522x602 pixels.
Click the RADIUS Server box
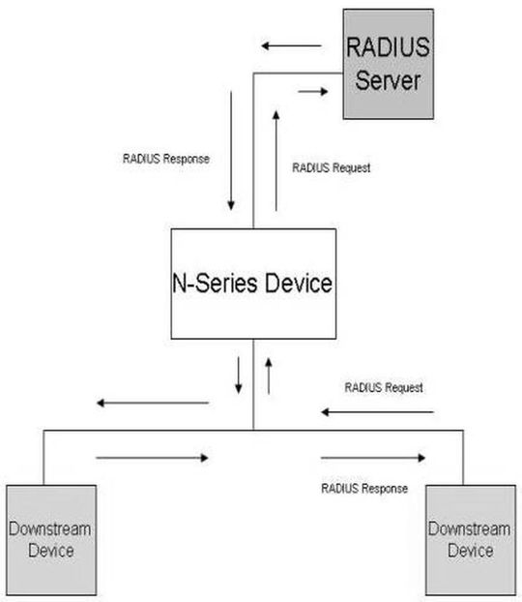click(x=389, y=64)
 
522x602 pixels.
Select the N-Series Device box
click(x=253, y=284)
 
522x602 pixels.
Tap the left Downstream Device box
click(x=51, y=540)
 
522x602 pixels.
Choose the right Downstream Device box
click(x=471, y=540)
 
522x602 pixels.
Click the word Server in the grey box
click(x=388, y=80)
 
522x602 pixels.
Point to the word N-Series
click(x=215, y=283)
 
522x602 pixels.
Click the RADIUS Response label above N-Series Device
click(x=166, y=159)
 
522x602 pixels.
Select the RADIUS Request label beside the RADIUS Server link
click(x=332, y=167)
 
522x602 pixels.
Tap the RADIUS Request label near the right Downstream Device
click(x=384, y=387)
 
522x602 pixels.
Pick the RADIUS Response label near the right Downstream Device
click(x=364, y=489)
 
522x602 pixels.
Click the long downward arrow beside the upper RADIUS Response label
click(x=231, y=151)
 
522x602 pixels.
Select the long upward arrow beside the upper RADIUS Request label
click(x=276, y=161)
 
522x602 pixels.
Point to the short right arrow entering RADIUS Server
click(x=313, y=91)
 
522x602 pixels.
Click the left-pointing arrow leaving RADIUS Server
click(x=291, y=46)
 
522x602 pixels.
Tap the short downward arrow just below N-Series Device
click(x=239, y=376)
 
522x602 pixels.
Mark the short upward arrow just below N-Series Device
click(x=269, y=376)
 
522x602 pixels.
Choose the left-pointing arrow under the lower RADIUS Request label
click(x=377, y=412)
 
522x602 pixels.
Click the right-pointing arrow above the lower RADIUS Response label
click(x=373, y=458)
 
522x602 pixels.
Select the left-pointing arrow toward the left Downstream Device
click(x=153, y=404)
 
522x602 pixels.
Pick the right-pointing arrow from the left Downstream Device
click(x=153, y=458)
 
